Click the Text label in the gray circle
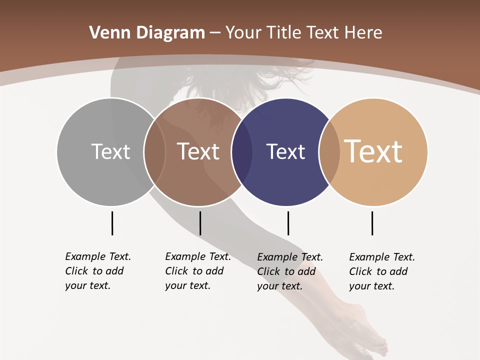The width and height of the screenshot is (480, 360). tap(110, 151)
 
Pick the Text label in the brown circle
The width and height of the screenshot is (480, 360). tap(198, 151)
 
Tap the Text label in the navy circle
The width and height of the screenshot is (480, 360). tap(285, 151)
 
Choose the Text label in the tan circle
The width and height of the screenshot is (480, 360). tap(373, 151)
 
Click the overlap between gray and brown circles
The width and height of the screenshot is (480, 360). tap(154, 151)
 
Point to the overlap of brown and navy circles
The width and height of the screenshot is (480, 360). tap(242, 151)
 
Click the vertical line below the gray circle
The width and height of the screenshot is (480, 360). tap(112, 223)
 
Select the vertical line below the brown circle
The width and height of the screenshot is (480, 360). tap(200, 223)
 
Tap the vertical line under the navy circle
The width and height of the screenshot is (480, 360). tap(288, 223)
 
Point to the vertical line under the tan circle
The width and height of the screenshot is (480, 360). tap(372, 223)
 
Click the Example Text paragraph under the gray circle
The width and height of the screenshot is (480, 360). tap(97, 271)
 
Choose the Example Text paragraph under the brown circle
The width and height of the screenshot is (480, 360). tap(197, 271)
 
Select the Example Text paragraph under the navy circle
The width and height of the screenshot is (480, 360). tap(289, 271)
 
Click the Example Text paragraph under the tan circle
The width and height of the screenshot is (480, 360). tap(381, 271)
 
